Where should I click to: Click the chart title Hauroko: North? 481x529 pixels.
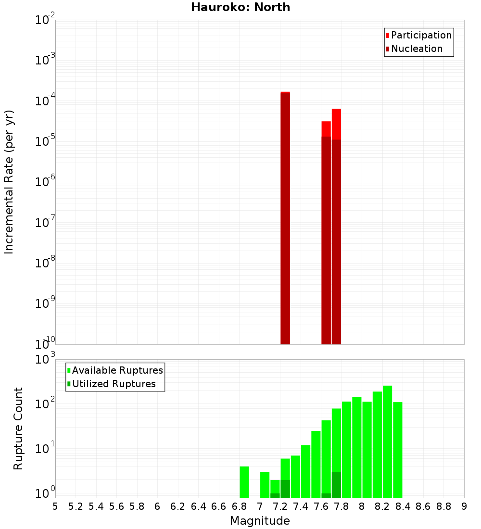(240, 7)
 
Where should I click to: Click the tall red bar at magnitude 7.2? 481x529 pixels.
(285, 216)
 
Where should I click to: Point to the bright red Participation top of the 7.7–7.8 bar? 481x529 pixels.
(336, 124)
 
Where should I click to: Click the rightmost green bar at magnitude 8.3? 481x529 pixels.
(397, 450)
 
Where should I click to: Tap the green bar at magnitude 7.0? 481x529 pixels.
(265, 485)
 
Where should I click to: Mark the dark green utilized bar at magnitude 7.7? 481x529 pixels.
(336, 485)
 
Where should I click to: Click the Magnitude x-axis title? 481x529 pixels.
(260, 521)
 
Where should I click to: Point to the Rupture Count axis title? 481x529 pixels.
(18, 428)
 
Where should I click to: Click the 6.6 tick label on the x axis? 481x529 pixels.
(219, 506)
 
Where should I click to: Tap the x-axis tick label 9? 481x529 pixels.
(464, 506)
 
